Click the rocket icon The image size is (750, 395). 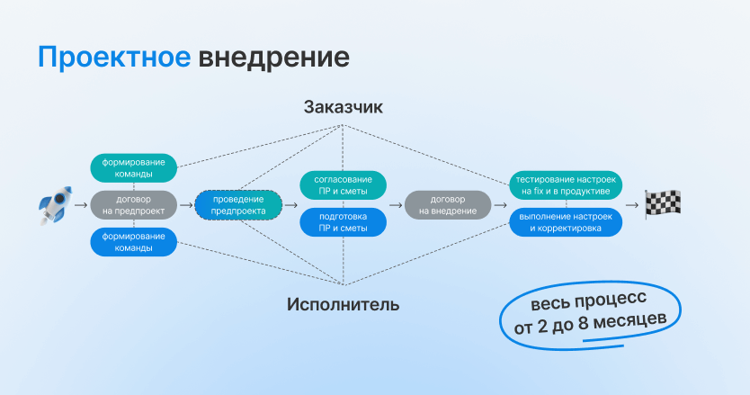tap(56, 205)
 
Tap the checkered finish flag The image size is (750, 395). tap(663, 204)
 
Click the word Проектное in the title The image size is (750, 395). tap(114, 58)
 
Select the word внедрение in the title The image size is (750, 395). tap(273, 58)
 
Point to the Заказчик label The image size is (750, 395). tap(343, 107)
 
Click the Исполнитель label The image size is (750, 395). tap(343, 304)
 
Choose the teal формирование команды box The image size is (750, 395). tap(133, 168)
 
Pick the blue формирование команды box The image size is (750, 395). tap(133, 242)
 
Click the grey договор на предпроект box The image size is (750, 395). tap(133, 205)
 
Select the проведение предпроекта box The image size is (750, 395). tap(238, 205)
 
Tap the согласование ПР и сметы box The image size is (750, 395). tap(343, 185)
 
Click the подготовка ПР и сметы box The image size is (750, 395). tap(343, 222)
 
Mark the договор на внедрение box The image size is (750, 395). tap(448, 205)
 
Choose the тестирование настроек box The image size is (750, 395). tap(566, 185)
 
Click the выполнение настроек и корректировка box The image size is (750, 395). tap(566, 222)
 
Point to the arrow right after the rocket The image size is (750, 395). tap(81, 205)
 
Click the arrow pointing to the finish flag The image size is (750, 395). tap(632, 205)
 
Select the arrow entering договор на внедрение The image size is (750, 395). tap(396, 205)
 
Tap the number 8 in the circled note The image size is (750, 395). tap(583, 324)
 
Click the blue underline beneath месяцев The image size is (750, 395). tap(603, 343)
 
